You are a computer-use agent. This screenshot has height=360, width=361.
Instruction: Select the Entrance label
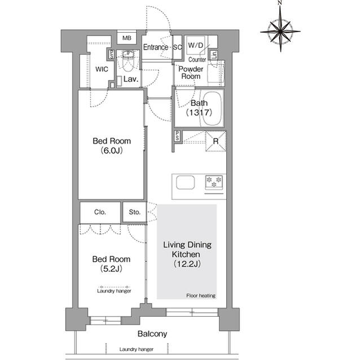[155, 47]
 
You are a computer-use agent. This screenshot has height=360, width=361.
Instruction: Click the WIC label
[102, 69]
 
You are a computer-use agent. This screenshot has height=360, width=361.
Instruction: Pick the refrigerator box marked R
[215, 141]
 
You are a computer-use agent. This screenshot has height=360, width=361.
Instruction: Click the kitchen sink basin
[185, 183]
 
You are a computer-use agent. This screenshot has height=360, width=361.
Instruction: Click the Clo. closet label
[100, 212]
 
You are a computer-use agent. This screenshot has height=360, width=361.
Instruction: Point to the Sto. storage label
[134, 212]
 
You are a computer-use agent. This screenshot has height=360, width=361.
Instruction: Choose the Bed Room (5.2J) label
[112, 264]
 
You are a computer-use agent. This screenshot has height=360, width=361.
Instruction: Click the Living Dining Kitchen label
[187, 254]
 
